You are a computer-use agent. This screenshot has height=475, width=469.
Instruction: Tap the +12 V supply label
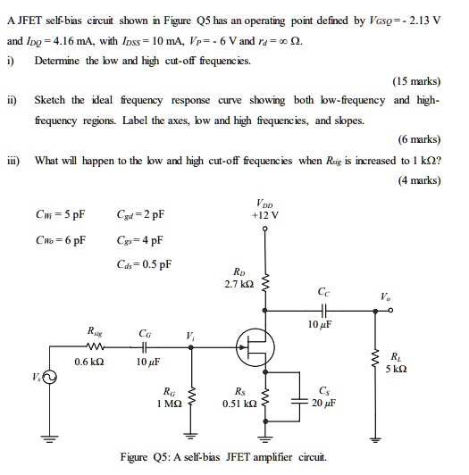[265, 214]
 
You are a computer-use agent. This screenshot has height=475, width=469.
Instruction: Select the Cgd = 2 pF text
[140, 214]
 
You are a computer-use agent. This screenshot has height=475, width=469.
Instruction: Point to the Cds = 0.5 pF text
[145, 264]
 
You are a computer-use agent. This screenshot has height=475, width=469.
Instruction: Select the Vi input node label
[191, 336]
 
